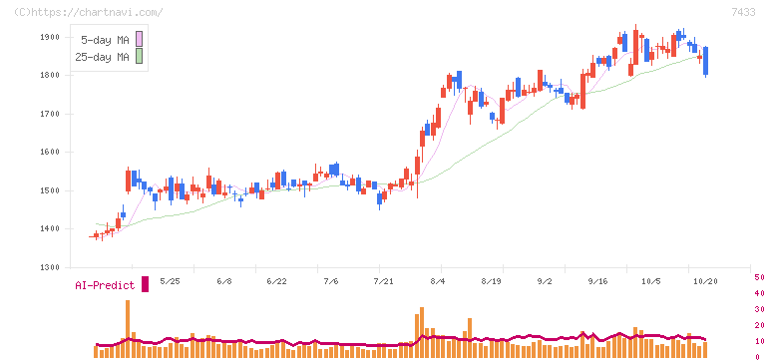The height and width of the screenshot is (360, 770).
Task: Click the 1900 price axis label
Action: coord(50,37)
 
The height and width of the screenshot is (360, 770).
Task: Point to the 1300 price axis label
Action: coord(50,267)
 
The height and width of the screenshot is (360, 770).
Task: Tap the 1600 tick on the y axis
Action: coord(50,153)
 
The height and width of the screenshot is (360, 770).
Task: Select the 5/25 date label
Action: coord(171,281)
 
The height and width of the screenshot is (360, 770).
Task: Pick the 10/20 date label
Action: coord(705,281)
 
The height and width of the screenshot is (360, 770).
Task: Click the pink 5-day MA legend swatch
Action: coord(139,39)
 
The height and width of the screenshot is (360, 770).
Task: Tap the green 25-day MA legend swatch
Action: coord(139,56)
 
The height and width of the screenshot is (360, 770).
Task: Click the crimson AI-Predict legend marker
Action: coord(145,284)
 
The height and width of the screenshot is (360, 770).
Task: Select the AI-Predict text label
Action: coord(105,285)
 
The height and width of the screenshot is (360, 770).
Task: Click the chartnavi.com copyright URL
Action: coord(89,12)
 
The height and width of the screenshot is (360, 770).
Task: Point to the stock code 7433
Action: coord(743,13)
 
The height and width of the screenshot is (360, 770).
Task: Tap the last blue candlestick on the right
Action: coord(706,61)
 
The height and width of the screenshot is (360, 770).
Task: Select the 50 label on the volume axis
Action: coord(759,277)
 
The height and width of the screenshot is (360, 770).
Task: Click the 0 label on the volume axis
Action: coord(757,357)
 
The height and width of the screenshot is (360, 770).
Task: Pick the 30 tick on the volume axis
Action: coord(759,309)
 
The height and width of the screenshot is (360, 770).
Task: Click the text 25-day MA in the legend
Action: coord(102,57)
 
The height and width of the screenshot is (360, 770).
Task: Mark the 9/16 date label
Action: coord(598,281)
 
